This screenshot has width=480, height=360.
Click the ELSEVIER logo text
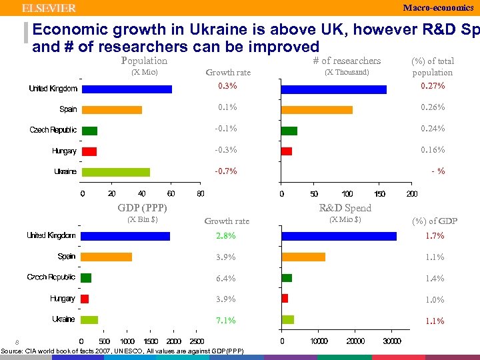(x=49, y=8)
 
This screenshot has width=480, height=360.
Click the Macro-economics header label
(x=438, y=8)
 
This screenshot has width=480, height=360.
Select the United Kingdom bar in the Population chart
(x=127, y=89)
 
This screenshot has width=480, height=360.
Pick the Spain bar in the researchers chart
(x=317, y=109)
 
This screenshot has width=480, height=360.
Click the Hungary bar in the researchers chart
(x=287, y=151)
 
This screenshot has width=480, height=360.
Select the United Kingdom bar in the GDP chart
(x=125, y=236)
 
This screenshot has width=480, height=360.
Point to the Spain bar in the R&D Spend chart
(x=303, y=257)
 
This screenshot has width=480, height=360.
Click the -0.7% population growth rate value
(x=225, y=171)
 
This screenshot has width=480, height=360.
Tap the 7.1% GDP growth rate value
(x=225, y=321)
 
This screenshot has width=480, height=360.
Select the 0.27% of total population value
(x=432, y=86)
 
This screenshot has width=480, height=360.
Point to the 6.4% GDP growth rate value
(x=225, y=279)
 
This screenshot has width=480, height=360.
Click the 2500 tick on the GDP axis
(x=197, y=341)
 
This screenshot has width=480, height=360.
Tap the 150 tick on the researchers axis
(x=379, y=194)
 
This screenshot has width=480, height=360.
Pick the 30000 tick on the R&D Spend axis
(x=392, y=341)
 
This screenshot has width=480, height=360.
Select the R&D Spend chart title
(x=345, y=208)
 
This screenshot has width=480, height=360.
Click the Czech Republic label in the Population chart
(x=53, y=130)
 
